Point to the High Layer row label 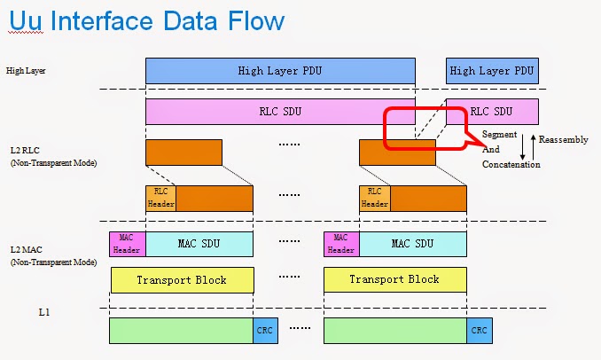coord(25,70)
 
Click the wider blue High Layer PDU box coord(279,70)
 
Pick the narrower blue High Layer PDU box coord(492,70)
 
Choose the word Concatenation coord(511,164)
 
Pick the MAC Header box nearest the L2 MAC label coord(127,244)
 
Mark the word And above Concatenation coord(491,150)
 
